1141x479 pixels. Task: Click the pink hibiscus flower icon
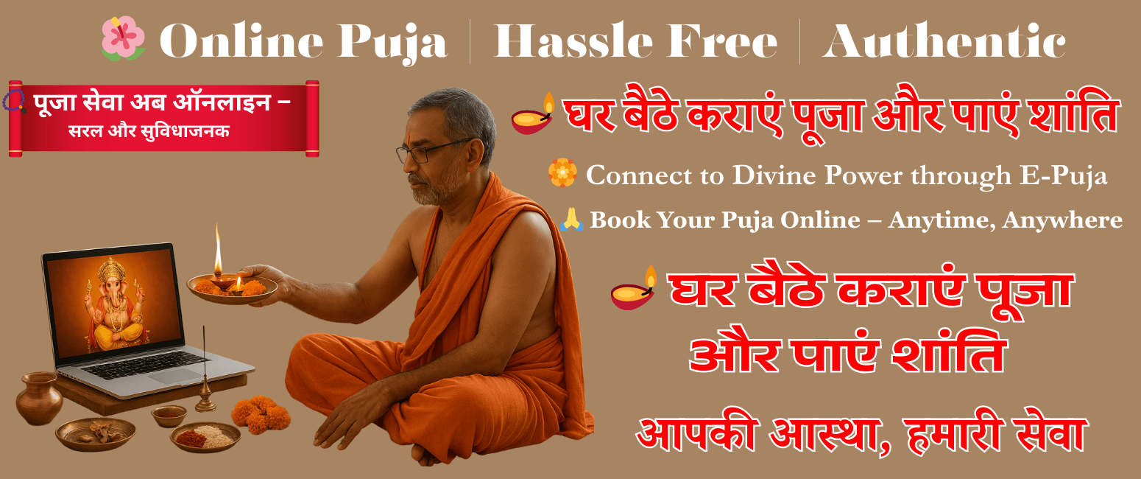click(123, 39)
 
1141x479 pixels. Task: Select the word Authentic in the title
click(944, 42)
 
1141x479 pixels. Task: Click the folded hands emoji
click(571, 220)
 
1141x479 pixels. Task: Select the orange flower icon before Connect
click(562, 173)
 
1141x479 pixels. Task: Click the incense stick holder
click(205, 398)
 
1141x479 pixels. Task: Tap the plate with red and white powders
click(205, 436)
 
